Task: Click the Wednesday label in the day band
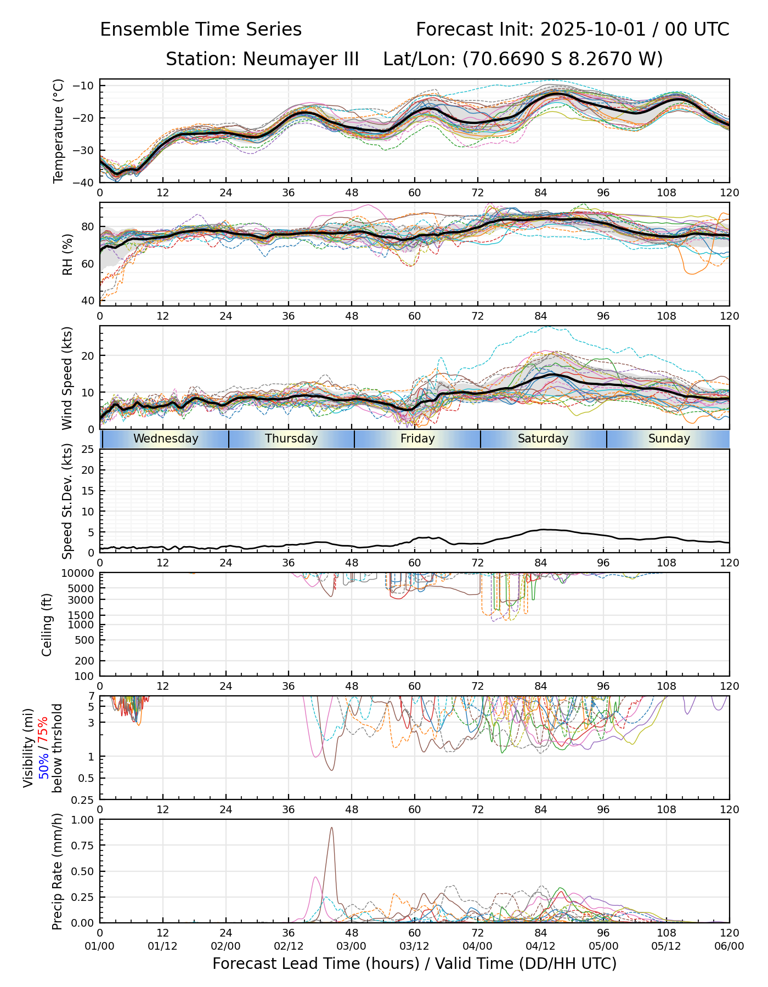tap(166, 439)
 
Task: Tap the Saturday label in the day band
tap(543, 439)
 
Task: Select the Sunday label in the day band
tap(669, 439)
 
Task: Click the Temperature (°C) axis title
tap(59, 131)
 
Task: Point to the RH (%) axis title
tap(67, 254)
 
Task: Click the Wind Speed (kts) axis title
tap(67, 378)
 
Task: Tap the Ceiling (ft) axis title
tap(47, 625)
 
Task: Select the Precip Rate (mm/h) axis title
tap(57, 871)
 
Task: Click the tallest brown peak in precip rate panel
tap(331, 828)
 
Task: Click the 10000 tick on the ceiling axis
tap(78, 574)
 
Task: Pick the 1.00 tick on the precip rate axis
tap(83, 820)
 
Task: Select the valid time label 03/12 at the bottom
tap(414, 946)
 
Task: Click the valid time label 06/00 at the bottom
tap(729, 946)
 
